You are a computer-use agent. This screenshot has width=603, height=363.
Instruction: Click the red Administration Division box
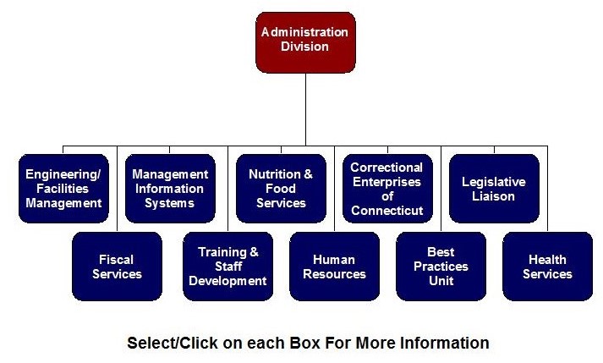(304, 41)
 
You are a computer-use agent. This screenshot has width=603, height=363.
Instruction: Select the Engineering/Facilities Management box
(63, 189)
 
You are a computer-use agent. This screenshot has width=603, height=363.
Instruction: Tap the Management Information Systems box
(170, 189)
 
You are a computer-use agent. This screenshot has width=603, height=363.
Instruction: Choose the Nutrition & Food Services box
(281, 189)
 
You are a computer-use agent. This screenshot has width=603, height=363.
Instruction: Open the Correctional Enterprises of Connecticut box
(386, 189)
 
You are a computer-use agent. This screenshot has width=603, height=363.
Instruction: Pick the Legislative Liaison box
(493, 189)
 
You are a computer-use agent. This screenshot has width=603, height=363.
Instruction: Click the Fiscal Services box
(117, 267)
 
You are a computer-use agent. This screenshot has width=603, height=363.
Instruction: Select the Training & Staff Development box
(227, 267)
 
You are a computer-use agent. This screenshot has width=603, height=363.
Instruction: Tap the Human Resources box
(334, 267)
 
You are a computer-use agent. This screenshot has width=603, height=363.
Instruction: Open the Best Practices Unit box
(441, 267)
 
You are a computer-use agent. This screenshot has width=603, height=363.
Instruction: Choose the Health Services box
(547, 267)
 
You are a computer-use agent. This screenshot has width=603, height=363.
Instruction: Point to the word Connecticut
(386, 210)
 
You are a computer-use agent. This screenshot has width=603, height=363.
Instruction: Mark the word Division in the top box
(304, 47)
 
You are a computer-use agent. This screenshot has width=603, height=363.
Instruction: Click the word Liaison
(493, 196)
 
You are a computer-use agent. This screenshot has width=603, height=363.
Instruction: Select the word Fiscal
(117, 260)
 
